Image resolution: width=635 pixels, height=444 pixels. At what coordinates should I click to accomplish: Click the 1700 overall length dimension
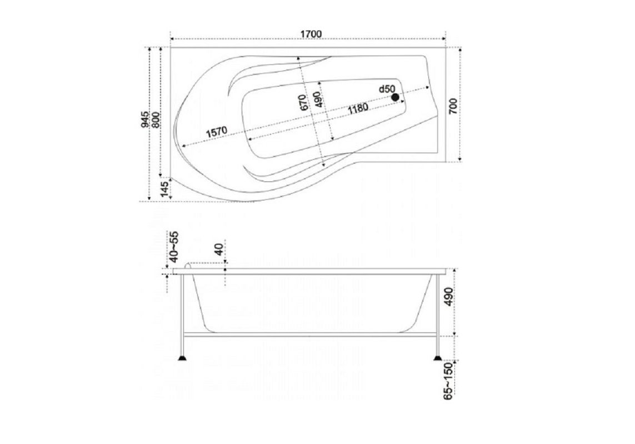tap(311, 34)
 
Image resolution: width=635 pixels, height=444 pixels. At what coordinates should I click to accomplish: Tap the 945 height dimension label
tap(146, 120)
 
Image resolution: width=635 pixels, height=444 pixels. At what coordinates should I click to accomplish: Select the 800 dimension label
tap(156, 120)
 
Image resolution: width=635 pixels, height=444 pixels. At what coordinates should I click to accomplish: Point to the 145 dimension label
tap(164, 189)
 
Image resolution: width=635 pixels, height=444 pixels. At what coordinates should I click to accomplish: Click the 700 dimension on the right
tap(453, 106)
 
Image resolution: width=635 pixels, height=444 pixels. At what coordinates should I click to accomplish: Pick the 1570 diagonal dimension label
tap(217, 132)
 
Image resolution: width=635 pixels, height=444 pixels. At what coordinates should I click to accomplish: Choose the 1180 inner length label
tap(358, 108)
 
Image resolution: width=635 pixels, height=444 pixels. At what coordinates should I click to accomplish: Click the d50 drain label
tap(387, 89)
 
